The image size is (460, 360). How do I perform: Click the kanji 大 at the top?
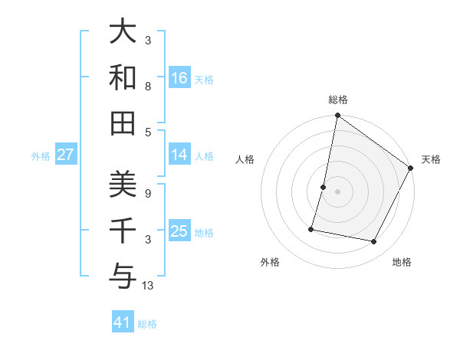pyautogui.click(x=123, y=33)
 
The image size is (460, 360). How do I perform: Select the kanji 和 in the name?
pyautogui.click(x=123, y=77)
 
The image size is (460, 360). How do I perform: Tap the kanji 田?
pyautogui.click(x=123, y=123)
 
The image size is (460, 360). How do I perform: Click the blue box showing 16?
pyautogui.click(x=179, y=78)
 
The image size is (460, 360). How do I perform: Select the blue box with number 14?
pyautogui.click(x=179, y=155)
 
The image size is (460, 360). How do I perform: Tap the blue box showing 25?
pyautogui.click(x=179, y=231)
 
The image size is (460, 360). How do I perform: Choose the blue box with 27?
pyautogui.click(x=65, y=155)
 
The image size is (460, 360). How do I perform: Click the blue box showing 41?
pyautogui.click(x=123, y=322)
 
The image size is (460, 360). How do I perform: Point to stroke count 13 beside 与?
pyautogui.click(x=149, y=286)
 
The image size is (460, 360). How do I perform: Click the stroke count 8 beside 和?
pyautogui.click(x=149, y=87)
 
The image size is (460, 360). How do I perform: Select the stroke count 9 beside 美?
pyautogui.click(x=149, y=194)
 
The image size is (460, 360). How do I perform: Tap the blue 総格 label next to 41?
pyautogui.click(x=147, y=324)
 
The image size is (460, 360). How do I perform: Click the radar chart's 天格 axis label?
pyautogui.click(x=431, y=159)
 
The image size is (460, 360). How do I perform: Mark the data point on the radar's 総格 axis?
pyautogui.click(x=337, y=116)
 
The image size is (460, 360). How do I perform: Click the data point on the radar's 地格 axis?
pyautogui.click(x=374, y=242)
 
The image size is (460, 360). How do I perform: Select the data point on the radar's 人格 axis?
pyautogui.click(x=324, y=187)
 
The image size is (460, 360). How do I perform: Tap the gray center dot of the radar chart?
pyautogui.click(x=337, y=191)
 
